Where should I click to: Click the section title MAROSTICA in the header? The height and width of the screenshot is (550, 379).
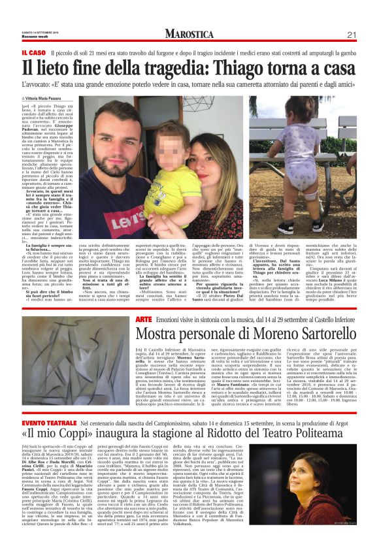(194, 33)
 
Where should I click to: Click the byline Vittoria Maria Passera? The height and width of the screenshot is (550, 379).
(50, 96)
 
